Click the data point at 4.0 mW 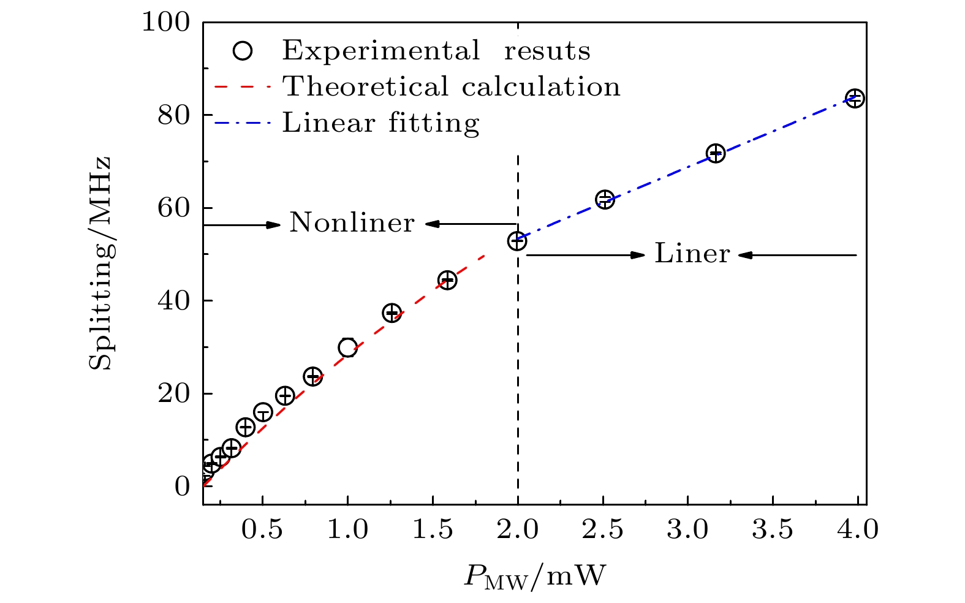point(855,98)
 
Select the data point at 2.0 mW point(518,241)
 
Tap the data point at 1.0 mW point(347,348)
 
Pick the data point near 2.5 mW point(605,199)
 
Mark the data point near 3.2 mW point(716,153)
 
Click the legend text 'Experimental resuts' point(436,51)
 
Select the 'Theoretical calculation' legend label point(451,87)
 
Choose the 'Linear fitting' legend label point(380,123)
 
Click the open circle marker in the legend point(243,51)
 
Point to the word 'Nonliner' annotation point(352,223)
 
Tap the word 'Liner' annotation point(692,254)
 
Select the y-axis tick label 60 point(174,208)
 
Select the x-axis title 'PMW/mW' point(534,577)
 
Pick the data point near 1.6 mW point(447,281)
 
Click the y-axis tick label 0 point(183,487)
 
